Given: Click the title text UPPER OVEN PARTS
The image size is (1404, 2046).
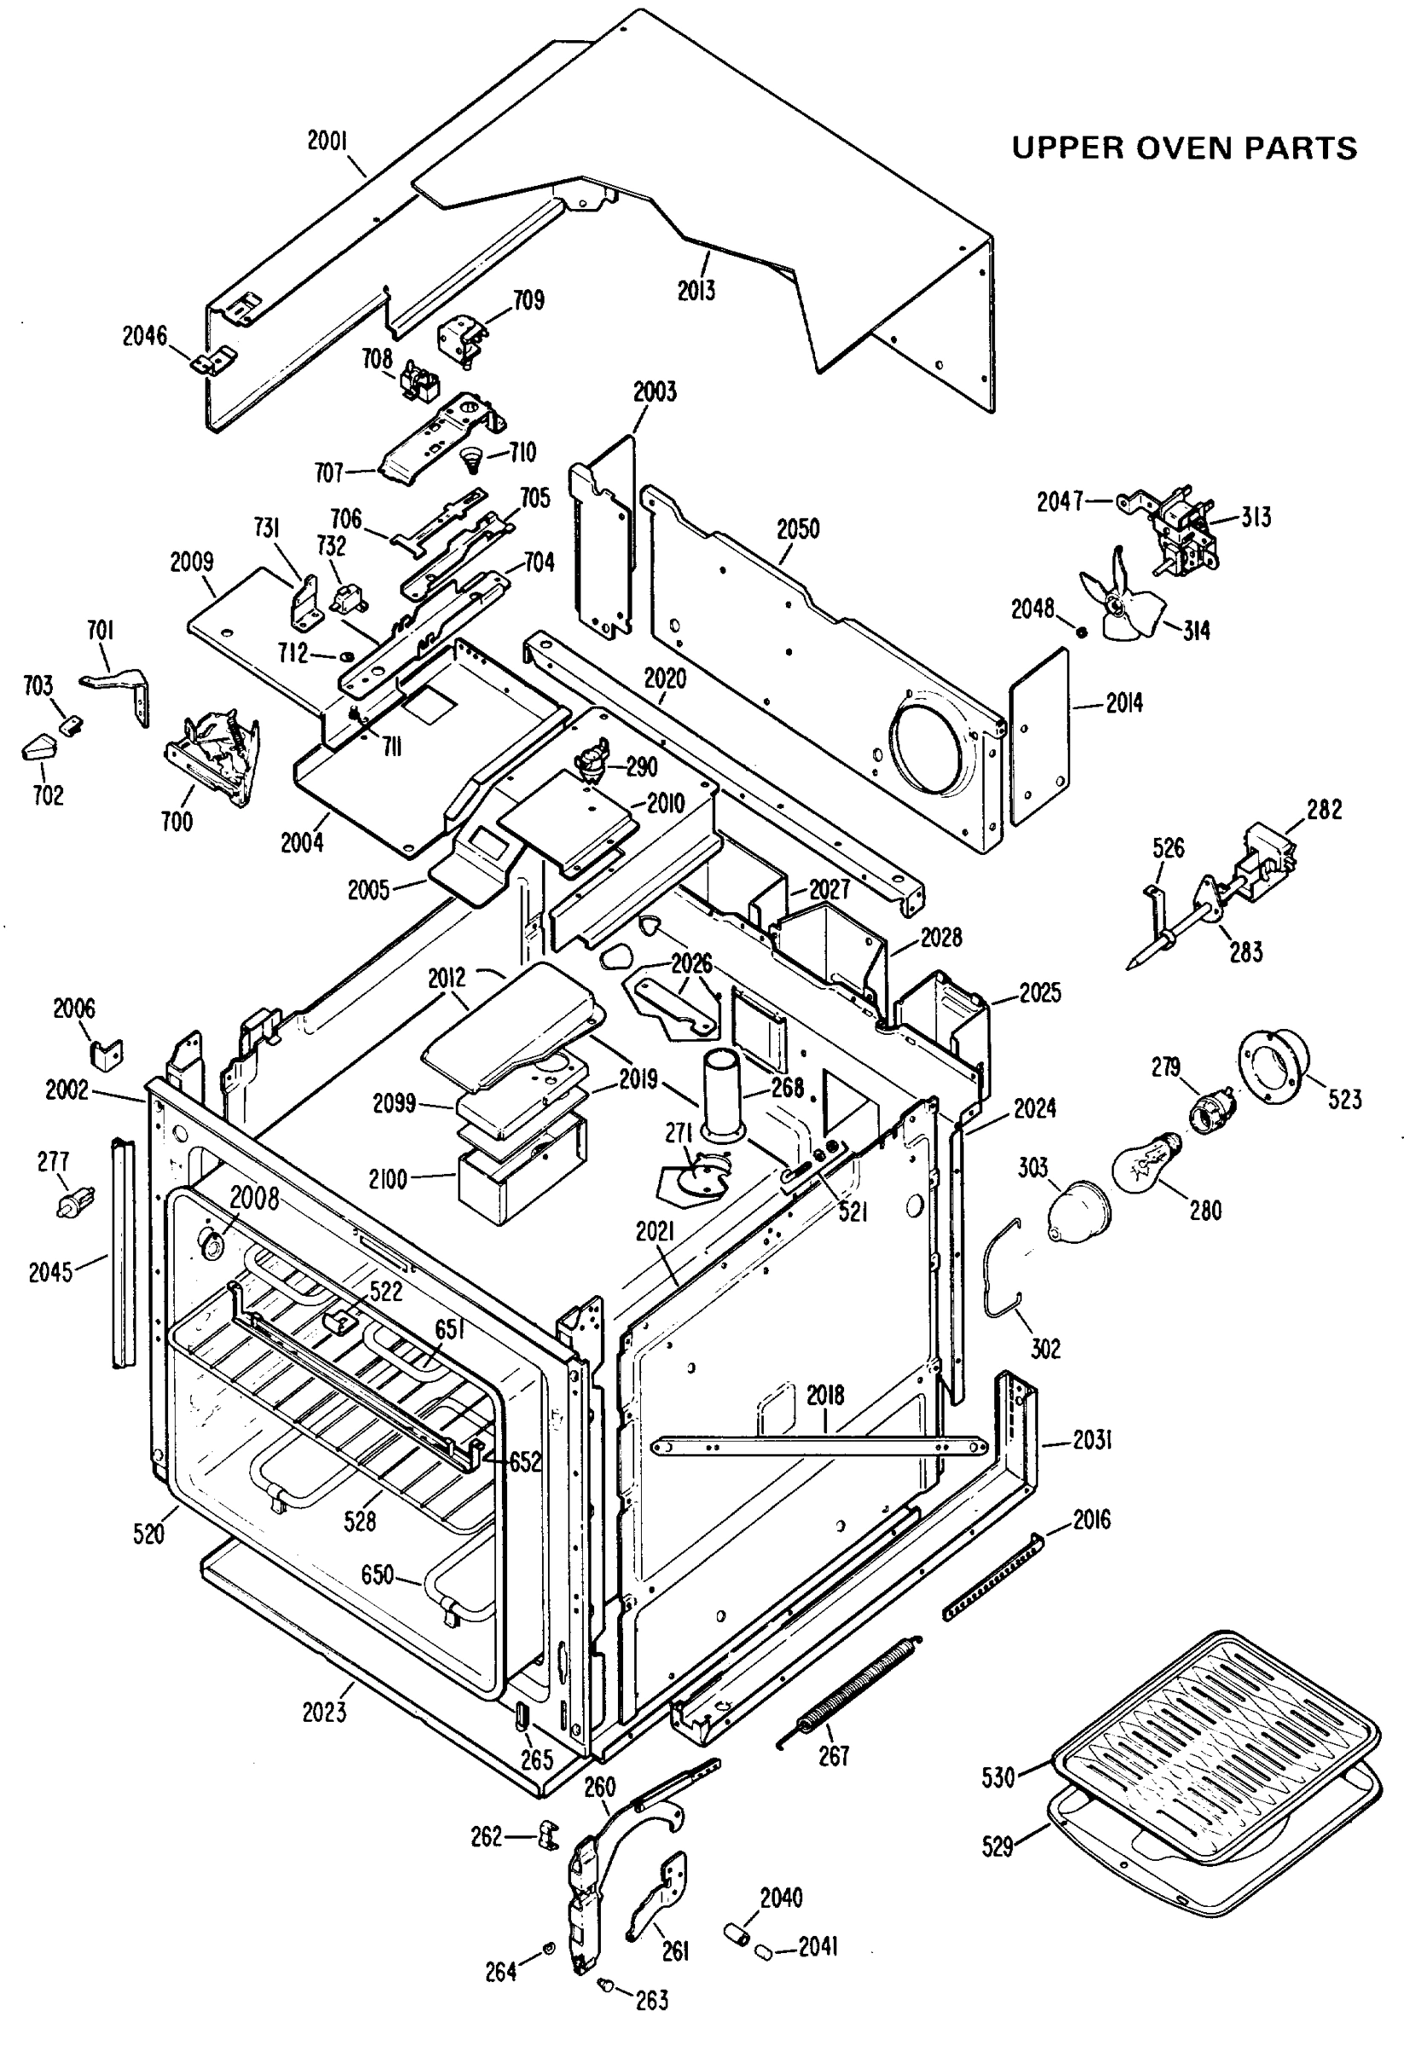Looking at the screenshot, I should [1184, 147].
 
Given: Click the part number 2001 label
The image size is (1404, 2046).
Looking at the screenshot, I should [327, 140].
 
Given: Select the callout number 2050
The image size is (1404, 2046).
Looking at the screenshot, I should [798, 529].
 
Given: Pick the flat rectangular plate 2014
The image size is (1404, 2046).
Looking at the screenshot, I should [1038, 737].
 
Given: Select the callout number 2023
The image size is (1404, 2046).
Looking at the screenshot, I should [325, 1713].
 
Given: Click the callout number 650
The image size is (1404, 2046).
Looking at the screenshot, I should [378, 1573].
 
